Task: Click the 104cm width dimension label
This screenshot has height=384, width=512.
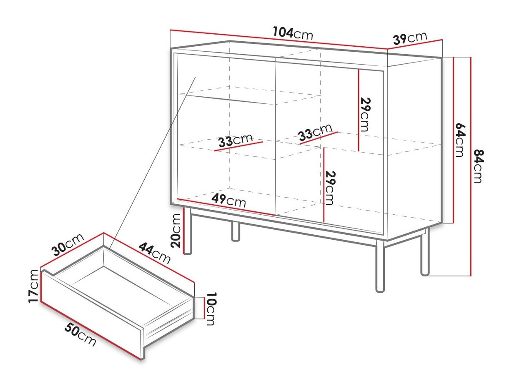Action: (293, 34)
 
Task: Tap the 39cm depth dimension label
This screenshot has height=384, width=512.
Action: (410, 38)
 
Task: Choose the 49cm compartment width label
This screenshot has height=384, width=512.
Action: (228, 201)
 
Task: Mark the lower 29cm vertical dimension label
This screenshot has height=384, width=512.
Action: (330, 188)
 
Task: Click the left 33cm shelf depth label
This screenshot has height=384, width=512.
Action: (235, 140)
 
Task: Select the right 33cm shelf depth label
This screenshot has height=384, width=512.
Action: (315, 132)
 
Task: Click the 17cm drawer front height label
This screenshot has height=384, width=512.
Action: (33, 286)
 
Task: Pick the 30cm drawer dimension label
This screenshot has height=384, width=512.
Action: (68, 244)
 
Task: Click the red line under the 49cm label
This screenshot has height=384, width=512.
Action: (226, 207)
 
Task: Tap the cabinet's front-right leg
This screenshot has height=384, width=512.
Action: (380, 266)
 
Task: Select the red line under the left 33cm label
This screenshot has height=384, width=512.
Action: (238, 146)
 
